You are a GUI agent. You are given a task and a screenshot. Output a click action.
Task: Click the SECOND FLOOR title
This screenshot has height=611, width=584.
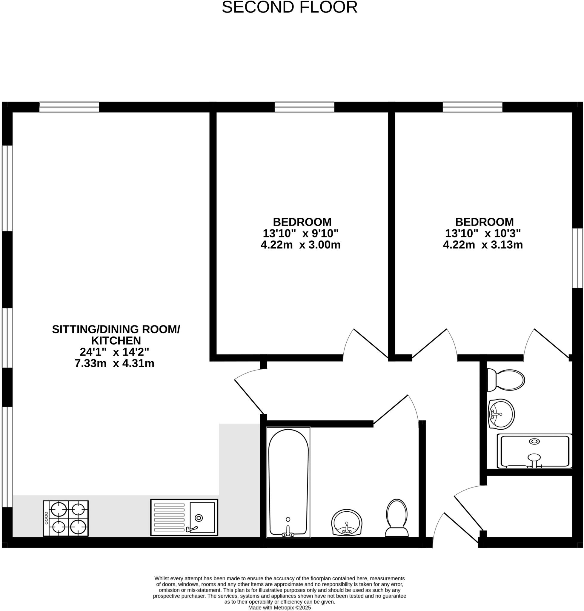click(289, 7)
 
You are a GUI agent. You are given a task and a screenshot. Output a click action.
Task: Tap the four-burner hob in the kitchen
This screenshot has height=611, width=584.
click(66, 518)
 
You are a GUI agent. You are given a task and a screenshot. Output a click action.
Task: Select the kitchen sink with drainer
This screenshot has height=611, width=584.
click(184, 517)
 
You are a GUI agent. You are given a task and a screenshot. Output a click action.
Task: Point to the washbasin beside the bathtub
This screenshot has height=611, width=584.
click(346, 523)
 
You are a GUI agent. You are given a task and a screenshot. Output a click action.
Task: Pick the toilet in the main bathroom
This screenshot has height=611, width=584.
click(397, 518)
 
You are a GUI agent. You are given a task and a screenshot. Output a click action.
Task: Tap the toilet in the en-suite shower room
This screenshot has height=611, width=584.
click(506, 380)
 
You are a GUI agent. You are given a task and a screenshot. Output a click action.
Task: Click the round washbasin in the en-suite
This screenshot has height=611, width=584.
click(501, 414)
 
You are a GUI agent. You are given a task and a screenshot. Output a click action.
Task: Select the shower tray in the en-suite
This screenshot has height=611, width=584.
click(534, 451)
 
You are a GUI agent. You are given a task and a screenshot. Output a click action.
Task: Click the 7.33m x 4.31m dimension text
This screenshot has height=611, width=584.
click(114, 363)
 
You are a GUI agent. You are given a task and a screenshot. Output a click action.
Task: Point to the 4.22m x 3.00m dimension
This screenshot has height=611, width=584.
click(300, 245)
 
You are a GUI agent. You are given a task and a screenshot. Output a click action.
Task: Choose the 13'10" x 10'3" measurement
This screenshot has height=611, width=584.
click(482, 233)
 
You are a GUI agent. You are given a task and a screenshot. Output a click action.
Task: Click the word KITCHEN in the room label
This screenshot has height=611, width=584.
click(116, 340)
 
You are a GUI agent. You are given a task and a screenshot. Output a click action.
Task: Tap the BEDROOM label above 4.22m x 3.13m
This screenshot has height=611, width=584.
click(484, 222)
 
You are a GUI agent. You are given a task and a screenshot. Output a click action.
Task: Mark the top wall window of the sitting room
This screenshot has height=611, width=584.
click(69, 107)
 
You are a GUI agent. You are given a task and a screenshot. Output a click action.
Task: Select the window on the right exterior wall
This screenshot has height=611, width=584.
click(577, 258)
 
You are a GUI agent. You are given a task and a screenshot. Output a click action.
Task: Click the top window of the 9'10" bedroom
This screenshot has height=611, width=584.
click(304, 107)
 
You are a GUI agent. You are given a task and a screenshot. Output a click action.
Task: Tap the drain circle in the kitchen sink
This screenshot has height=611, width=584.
click(199, 518)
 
